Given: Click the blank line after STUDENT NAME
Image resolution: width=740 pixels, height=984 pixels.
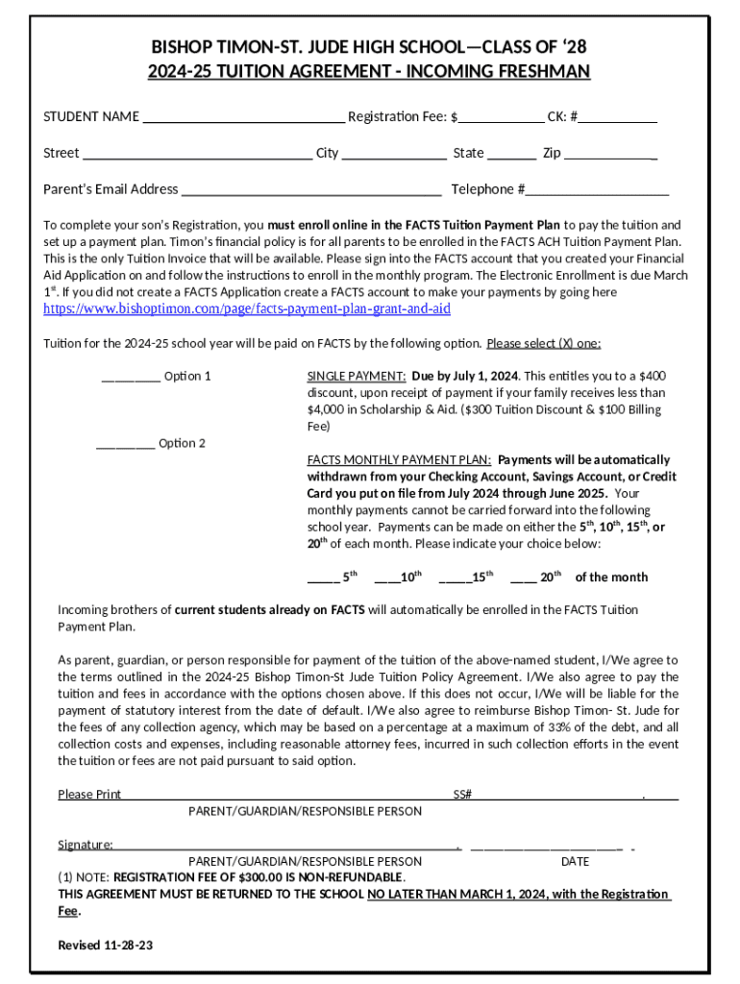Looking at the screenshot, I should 243,118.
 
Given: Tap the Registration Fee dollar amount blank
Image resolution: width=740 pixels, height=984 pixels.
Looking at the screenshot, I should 501,118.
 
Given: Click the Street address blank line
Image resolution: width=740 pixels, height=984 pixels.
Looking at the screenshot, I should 197,154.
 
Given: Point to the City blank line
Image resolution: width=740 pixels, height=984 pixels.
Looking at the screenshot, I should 394,154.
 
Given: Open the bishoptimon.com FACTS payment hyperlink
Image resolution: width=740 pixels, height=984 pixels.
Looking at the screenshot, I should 247,309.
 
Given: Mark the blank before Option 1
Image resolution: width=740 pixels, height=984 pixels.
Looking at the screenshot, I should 130,378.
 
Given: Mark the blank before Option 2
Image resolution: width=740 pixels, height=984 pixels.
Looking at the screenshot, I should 125,445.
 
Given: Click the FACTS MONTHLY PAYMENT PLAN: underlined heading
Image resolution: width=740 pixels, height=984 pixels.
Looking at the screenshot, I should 400,460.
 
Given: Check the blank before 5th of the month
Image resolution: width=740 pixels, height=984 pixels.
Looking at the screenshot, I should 323,578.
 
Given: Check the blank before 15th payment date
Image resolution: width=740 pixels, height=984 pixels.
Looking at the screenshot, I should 455,578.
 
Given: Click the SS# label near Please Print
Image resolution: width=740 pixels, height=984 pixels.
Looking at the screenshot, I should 462,795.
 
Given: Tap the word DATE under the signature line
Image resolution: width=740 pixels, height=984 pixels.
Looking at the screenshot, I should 576,862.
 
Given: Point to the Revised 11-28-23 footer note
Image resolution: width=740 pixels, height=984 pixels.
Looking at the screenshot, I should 106,946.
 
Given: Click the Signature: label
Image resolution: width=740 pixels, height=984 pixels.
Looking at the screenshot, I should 86,845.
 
